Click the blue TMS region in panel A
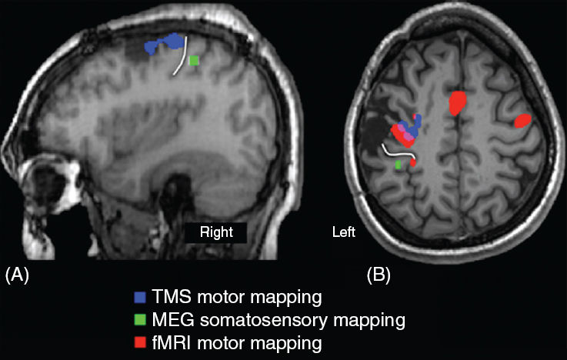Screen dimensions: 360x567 coord(165,43)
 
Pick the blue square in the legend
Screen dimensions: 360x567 coord(138,296)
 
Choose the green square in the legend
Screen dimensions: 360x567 coord(138,318)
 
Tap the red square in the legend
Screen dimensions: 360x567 coord(138,340)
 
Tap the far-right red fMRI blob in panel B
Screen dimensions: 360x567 coord(522,120)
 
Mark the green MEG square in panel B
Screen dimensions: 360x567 coord(398,165)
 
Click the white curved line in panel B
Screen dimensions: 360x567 coord(396,152)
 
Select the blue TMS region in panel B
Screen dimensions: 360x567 coord(411,127)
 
